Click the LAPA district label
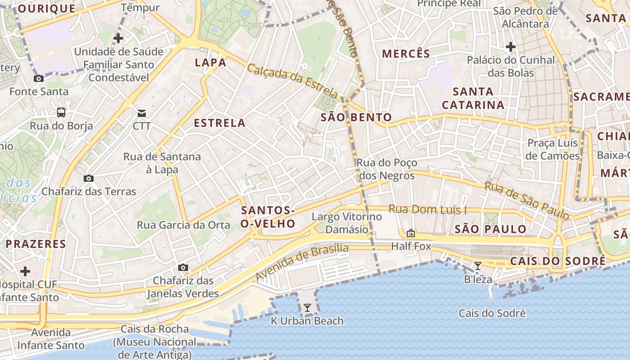point(210,63)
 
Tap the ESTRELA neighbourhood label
point(220,123)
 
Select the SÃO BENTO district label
point(356,118)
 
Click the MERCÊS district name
point(406,54)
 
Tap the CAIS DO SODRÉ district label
point(558,261)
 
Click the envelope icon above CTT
point(142,112)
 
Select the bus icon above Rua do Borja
point(61,112)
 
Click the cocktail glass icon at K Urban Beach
point(307,308)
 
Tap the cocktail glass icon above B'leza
point(478,266)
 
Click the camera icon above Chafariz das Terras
point(89,178)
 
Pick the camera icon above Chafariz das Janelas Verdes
point(183,267)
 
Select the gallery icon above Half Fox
point(410,233)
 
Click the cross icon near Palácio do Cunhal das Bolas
point(510,46)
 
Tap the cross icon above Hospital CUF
point(25,271)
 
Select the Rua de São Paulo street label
point(526,201)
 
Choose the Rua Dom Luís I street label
point(427,209)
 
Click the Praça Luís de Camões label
point(553,149)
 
